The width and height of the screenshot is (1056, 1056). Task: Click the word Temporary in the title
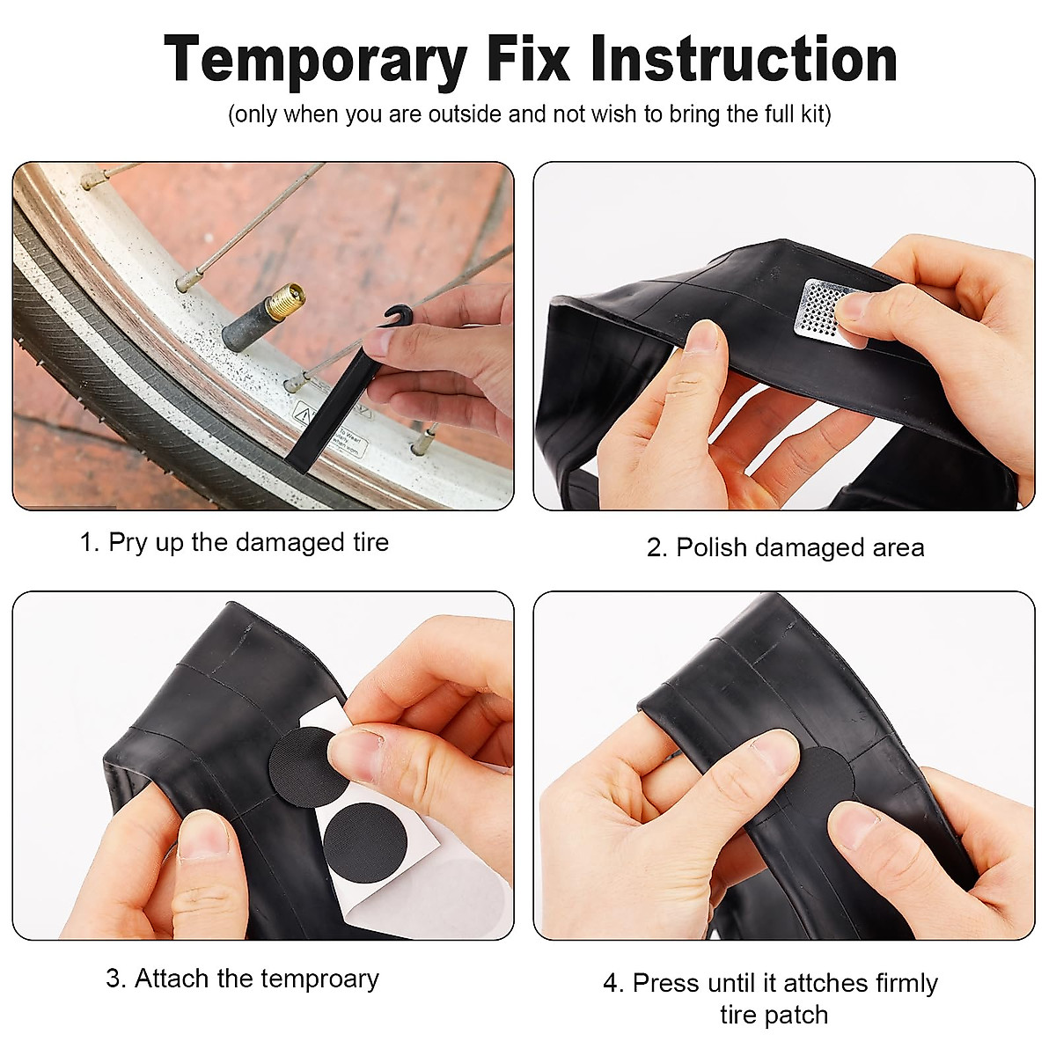click(x=315, y=60)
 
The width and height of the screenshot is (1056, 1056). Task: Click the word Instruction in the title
click(x=744, y=60)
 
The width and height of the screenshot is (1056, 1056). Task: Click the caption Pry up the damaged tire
click(x=234, y=542)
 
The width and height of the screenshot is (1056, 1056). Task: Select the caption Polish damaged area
click(x=785, y=547)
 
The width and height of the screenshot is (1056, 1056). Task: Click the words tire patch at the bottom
click(x=774, y=1015)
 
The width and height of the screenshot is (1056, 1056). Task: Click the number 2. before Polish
click(x=657, y=547)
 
